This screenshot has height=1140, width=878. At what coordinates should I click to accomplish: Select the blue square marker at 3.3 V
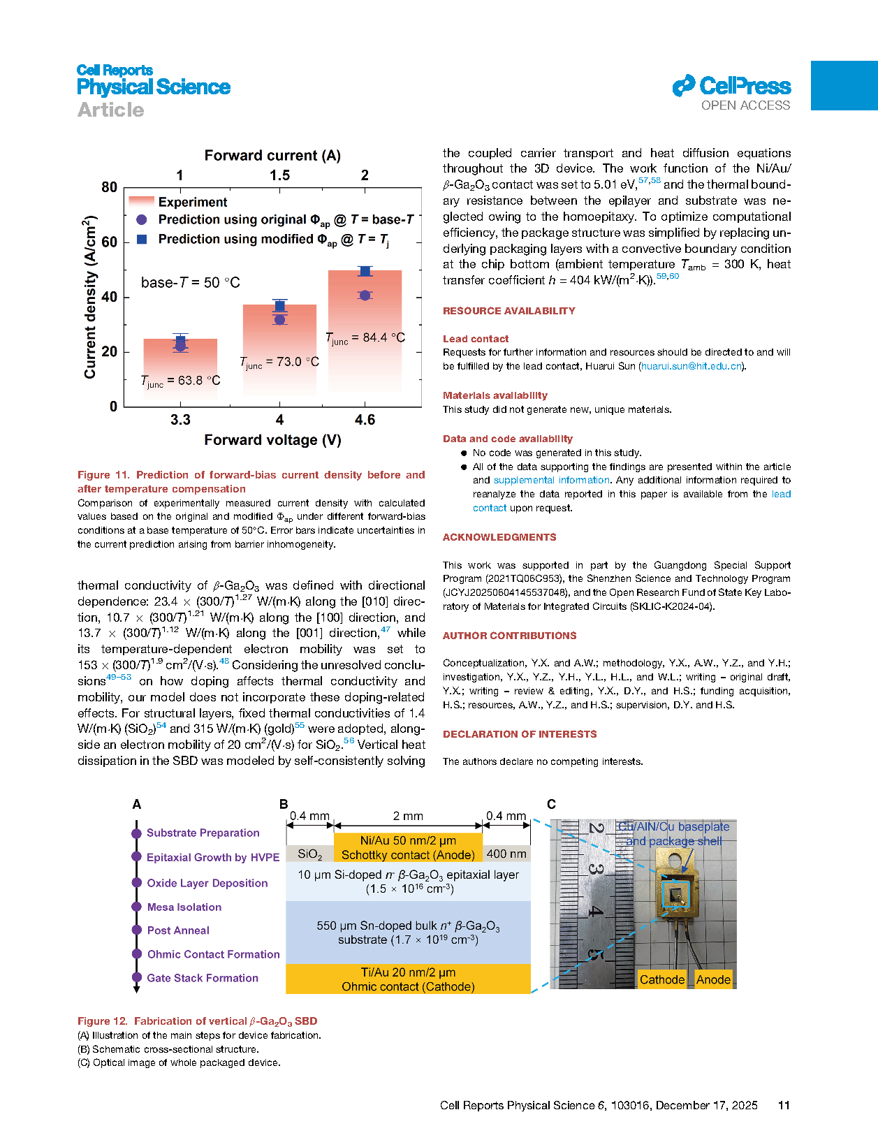[180, 341]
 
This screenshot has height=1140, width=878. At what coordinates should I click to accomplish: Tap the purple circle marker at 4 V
[279, 320]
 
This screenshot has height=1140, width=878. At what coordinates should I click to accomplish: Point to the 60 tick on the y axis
[110, 242]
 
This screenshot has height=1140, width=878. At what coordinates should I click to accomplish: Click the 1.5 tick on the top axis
[279, 175]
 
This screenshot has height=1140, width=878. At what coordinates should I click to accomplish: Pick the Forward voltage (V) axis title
[272, 440]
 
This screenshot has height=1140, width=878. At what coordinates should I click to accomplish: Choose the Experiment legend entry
[192, 202]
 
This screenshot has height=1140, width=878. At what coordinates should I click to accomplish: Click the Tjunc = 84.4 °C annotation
[365, 338]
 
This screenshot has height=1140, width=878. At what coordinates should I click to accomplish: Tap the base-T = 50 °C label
[190, 282]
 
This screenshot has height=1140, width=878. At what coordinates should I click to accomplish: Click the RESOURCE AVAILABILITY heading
[508, 311]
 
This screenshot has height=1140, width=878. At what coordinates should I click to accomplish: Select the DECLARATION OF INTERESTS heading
[520, 734]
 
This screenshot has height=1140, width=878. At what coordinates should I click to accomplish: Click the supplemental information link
[551, 480]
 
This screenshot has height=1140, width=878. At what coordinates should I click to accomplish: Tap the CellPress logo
[731, 87]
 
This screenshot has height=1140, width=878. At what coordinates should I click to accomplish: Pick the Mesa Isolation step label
[184, 907]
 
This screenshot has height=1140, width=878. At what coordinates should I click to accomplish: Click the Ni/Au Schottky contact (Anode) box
[408, 847]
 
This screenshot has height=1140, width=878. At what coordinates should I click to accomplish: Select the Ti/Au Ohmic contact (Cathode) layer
[408, 979]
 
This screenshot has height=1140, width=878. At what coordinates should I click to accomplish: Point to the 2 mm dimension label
[408, 816]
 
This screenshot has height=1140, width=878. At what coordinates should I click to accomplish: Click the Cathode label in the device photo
[661, 979]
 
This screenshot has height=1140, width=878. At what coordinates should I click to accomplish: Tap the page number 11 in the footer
[784, 1105]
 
